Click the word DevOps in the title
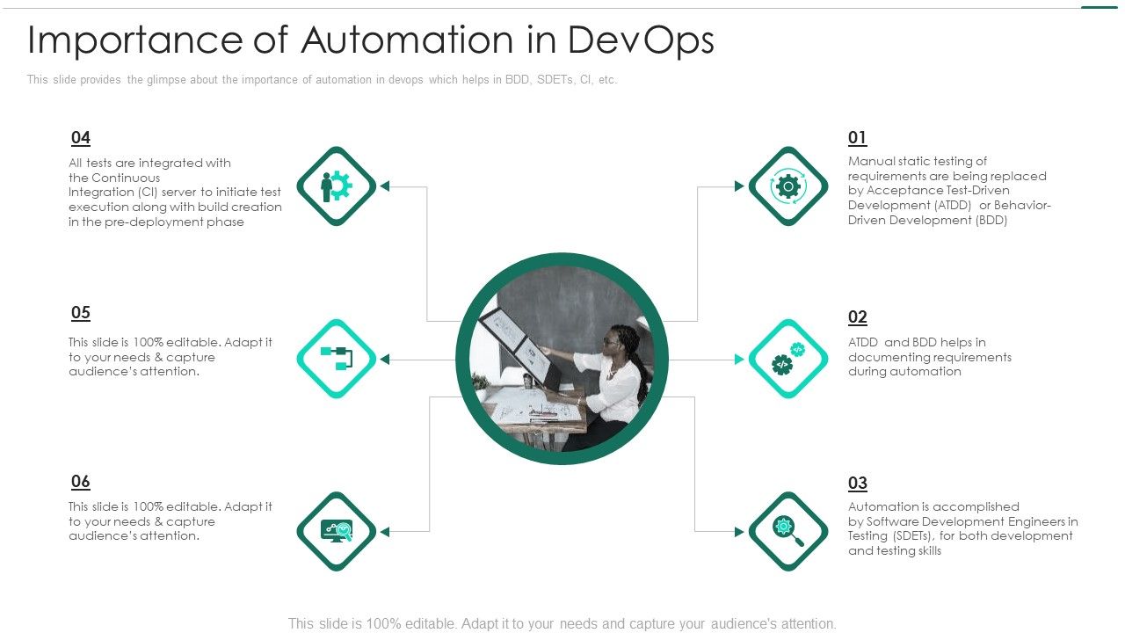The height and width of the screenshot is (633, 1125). pyautogui.click(x=641, y=40)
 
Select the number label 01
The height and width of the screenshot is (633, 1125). pyautogui.click(x=857, y=137)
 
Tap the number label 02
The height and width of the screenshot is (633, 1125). pyautogui.click(x=857, y=317)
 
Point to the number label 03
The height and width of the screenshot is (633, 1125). pyautogui.click(x=857, y=483)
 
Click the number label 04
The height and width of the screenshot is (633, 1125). pyautogui.click(x=80, y=137)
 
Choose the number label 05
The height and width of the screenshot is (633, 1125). pyautogui.click(x=80, y=313)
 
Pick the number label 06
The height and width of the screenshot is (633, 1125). pyautogui.click(x=80, y=482)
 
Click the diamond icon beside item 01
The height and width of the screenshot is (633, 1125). pyautogui.click(x=787, y=186)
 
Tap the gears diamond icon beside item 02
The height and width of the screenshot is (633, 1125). pyautogui.click(x=787, y=359)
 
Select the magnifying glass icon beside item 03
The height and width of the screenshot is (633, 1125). pyautogui.click(x=787, y=531)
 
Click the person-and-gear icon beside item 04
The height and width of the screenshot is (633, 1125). pyautogui.click(x=337, y=186)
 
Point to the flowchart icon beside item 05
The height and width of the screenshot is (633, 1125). pyautogui.click(x=337, y=359)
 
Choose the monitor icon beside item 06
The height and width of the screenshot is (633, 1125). pyautogui.click(x=337, y=531)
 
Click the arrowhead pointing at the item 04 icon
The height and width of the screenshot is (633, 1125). pyautogui.click(x=385, y=186)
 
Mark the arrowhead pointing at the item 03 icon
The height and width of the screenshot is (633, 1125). pyautogui.click(x=739, y=531)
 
